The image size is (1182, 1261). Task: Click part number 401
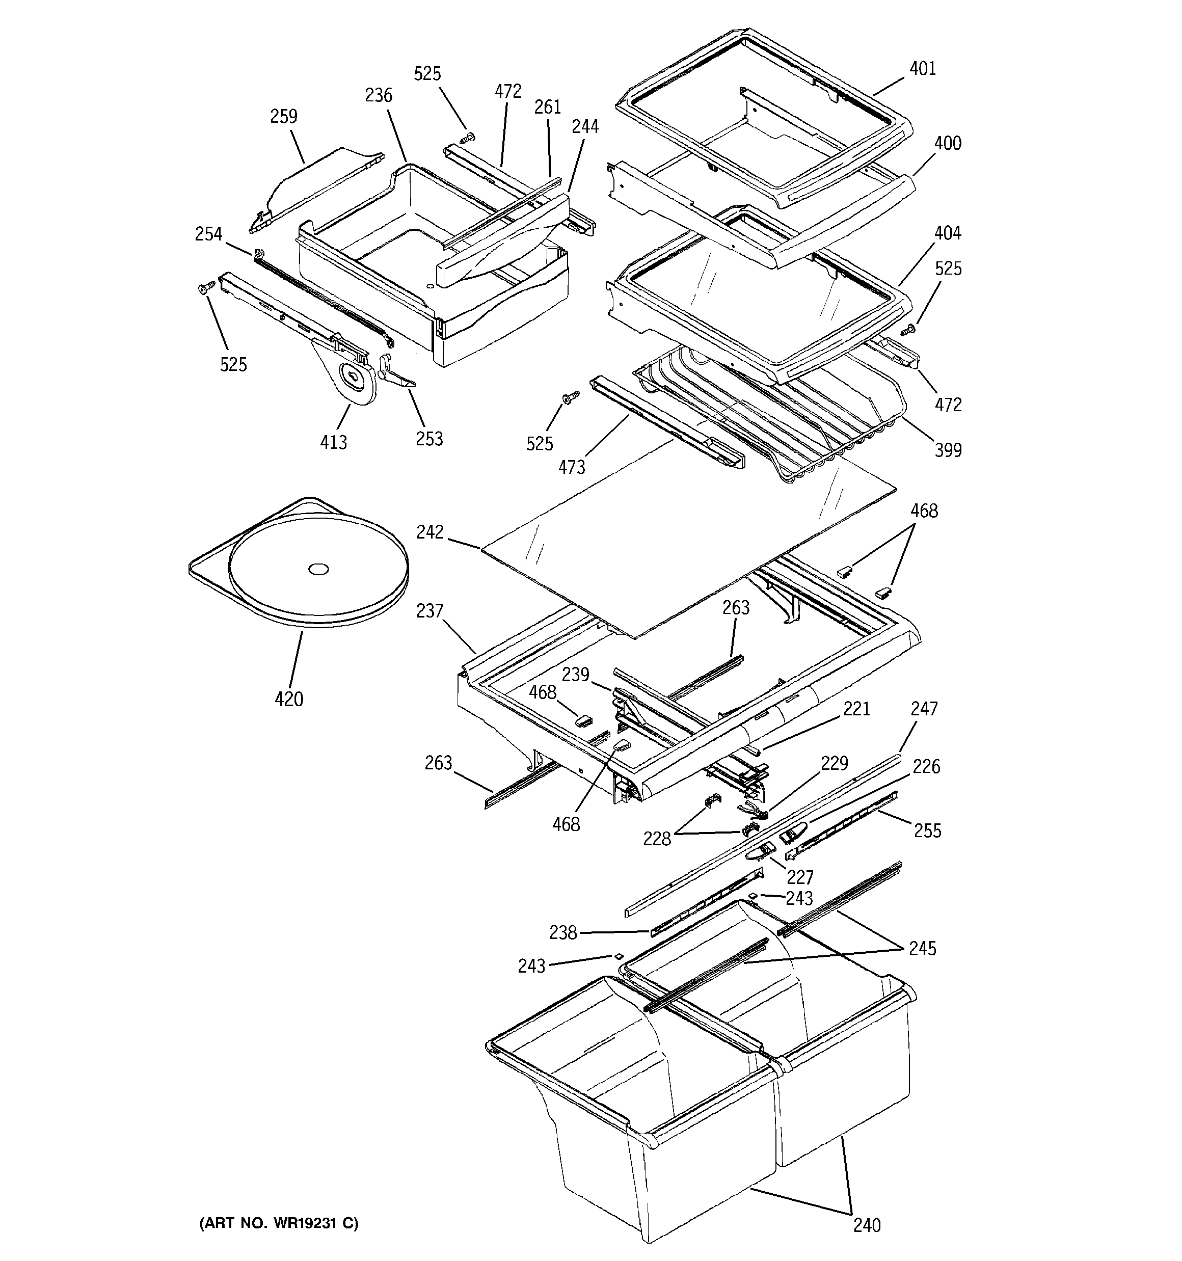923,68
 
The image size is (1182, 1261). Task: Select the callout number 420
289,699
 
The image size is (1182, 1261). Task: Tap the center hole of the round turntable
318,569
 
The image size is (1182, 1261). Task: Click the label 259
284,117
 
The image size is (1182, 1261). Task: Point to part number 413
334,442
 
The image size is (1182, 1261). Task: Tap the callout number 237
429,611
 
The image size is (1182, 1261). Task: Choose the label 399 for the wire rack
948,450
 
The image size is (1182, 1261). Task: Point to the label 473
572,468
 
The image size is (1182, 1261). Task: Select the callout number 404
948,233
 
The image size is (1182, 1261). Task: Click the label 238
563,932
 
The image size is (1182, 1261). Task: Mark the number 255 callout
928,830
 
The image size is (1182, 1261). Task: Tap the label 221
856,709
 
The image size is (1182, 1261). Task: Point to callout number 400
948,143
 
